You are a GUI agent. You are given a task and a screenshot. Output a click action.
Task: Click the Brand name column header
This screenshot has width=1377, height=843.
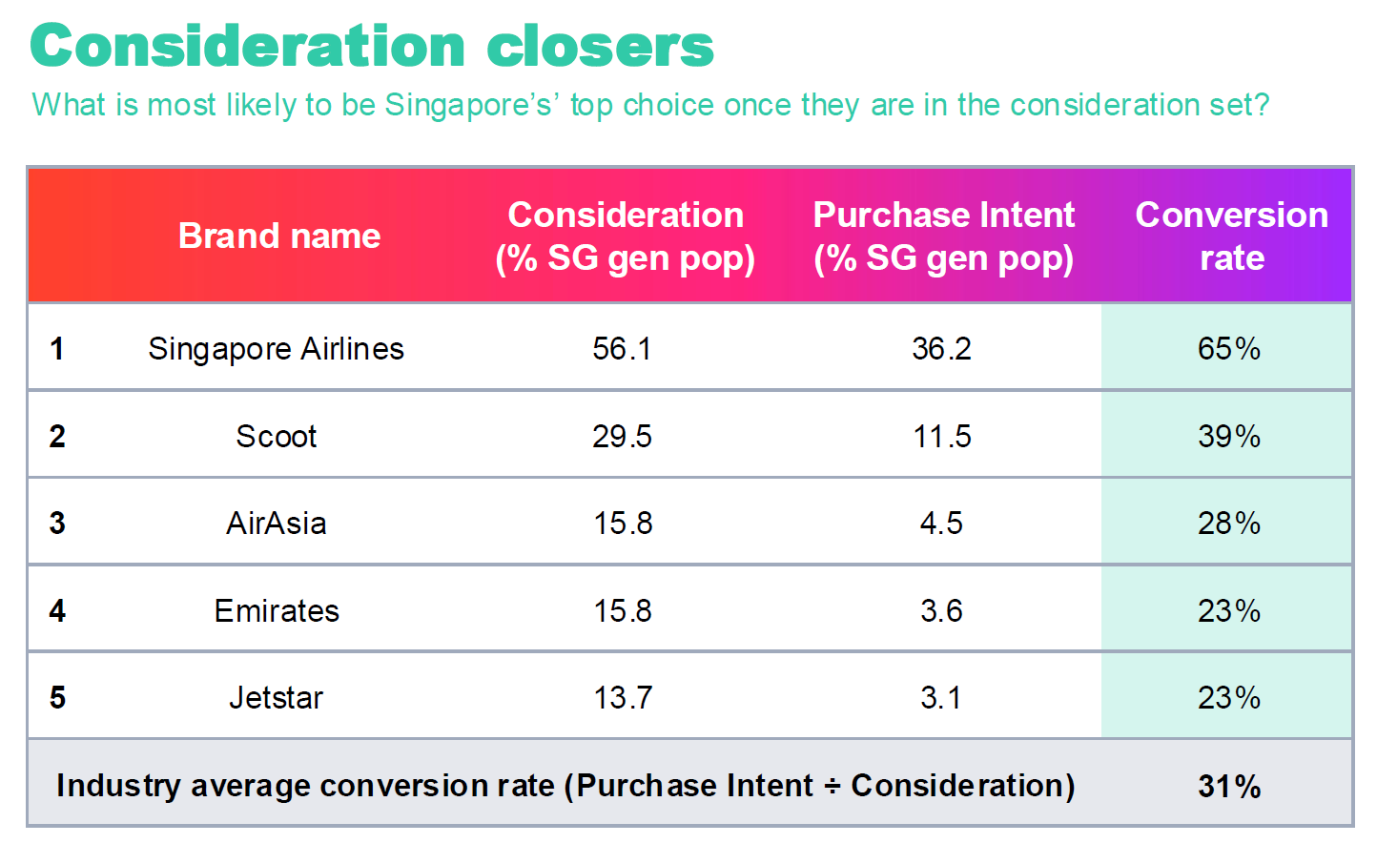279,236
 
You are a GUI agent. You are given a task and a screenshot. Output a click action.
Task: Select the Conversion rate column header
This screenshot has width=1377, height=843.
1231,236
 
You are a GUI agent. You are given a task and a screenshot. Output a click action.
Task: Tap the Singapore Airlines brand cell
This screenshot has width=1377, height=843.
276,349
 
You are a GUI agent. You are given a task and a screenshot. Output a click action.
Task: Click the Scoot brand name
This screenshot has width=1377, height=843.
276,437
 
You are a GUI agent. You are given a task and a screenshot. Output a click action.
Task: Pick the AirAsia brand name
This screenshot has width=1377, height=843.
276,524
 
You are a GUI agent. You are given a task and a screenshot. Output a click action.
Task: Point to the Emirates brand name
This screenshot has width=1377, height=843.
277,611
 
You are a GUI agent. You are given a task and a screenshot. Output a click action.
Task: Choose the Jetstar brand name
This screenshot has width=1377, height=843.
276,698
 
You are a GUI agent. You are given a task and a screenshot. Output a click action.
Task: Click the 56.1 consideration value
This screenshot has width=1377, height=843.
622,349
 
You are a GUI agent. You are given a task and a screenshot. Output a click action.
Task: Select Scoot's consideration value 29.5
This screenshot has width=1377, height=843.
622,437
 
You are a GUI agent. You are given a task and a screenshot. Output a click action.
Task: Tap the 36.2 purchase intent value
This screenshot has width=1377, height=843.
942,349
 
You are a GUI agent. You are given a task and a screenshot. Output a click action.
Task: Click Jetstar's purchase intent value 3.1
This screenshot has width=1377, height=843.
941,698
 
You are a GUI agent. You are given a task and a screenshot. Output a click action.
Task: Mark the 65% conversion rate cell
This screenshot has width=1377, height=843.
1229,349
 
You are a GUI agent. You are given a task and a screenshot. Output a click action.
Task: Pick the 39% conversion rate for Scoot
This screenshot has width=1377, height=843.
1229,437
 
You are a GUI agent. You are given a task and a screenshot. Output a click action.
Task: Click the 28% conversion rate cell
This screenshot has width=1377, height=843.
1229,524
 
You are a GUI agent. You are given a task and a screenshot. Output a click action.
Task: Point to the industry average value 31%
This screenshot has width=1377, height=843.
1229,787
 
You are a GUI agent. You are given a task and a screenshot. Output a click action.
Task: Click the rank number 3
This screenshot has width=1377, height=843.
57,524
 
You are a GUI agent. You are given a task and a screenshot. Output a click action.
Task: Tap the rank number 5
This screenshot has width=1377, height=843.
57,698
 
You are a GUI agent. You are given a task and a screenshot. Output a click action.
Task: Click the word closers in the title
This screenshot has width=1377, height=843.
600,46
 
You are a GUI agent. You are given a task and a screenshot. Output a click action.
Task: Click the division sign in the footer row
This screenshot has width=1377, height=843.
832,787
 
